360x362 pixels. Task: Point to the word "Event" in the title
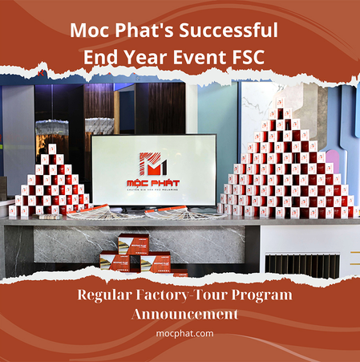pos(210,58)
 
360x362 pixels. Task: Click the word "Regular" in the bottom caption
pos(108,295)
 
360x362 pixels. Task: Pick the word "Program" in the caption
pos(259,295)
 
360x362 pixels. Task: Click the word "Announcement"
pos(180,313)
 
